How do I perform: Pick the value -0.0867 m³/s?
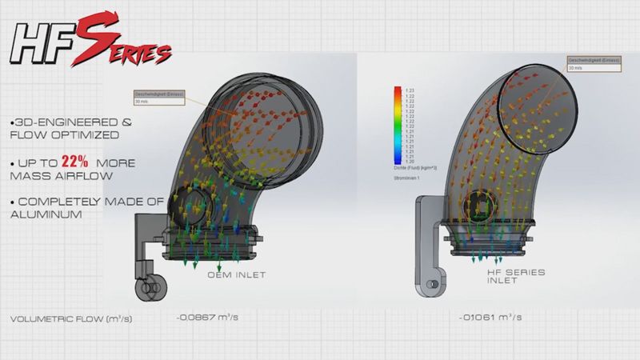(206, 318)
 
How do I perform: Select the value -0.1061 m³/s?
(489, 318)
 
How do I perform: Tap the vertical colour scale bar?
(398, 125)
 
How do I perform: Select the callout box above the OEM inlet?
(154, 97)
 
